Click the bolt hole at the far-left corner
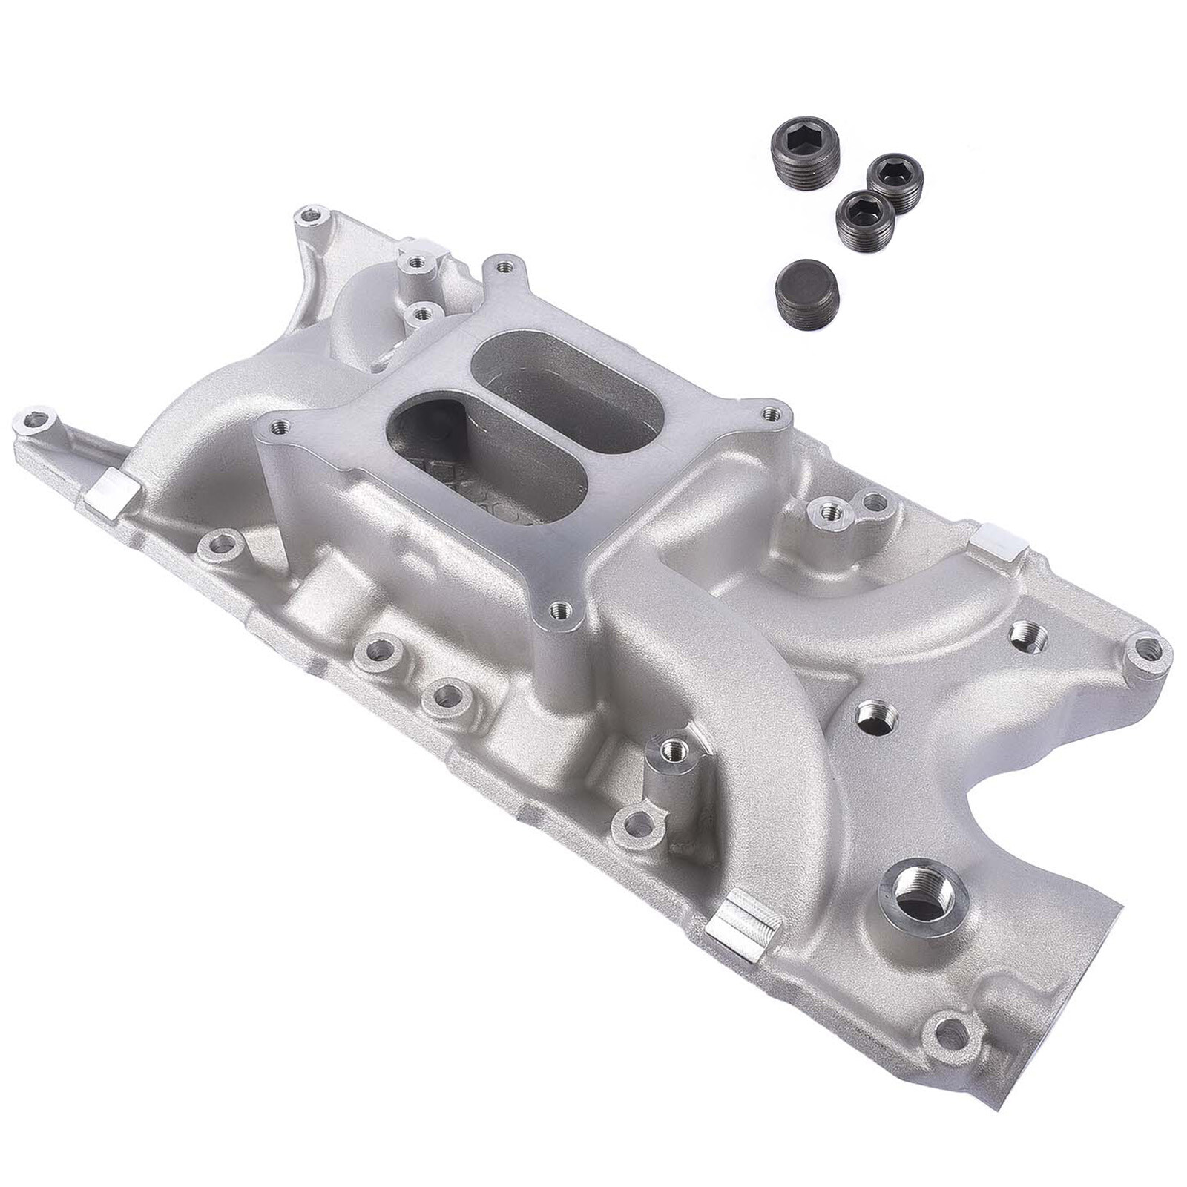(x=37, y=424)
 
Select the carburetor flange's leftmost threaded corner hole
(x=280, y=427)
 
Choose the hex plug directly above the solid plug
(x=861, y=211)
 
